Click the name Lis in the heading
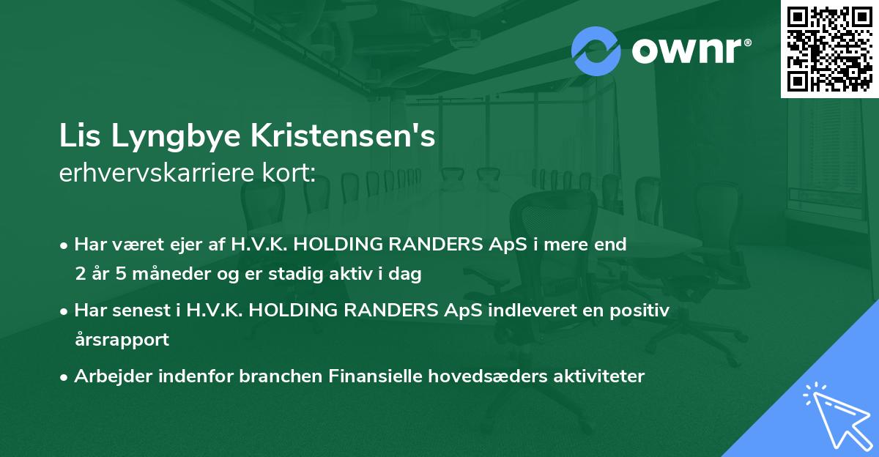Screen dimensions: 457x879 click(x=78, y=138)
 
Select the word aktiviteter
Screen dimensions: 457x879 click(x=594, y=376)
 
